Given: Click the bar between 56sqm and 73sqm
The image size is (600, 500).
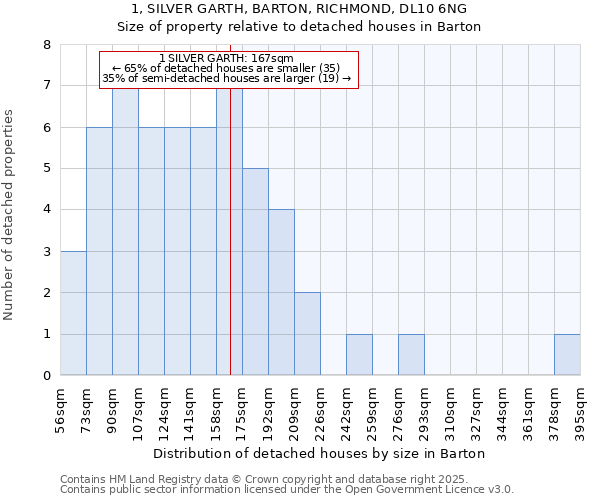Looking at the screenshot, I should [73, 314].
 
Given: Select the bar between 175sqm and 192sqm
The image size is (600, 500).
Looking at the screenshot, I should [255, 272].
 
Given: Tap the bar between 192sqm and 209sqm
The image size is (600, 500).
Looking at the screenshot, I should [281, 293].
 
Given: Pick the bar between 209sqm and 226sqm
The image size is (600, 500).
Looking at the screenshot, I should [307, 334].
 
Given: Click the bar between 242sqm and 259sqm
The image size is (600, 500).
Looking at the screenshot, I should [359, 355].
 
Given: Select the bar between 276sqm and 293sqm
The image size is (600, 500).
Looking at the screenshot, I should [411, 355].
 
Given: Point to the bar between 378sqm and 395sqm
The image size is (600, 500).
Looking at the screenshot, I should [567, 355].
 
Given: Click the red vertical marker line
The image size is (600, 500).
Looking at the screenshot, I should [230, 250].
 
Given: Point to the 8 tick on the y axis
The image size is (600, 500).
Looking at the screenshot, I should [46, 45].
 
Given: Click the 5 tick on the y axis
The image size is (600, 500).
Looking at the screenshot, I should [46, 169].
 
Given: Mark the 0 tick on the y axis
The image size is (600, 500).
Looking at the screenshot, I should [46, 376].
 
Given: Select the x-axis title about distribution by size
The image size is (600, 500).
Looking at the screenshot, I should [320, 453].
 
